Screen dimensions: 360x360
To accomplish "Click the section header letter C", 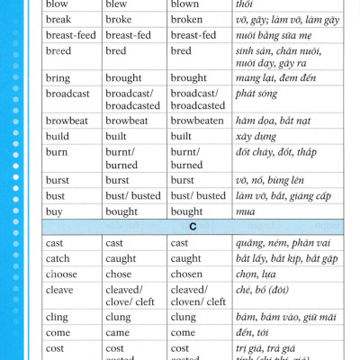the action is [193, 228].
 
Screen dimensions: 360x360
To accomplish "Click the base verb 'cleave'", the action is [60, 289].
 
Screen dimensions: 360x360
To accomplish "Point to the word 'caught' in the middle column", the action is [121, 258].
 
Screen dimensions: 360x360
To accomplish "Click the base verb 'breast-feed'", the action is [70, 35].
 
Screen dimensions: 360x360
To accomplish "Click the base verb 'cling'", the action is [57, 317].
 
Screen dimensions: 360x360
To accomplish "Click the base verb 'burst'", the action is [58, 180].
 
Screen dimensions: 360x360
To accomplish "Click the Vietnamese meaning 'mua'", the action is [244, 211].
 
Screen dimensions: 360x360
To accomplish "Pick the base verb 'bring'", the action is [58, 78].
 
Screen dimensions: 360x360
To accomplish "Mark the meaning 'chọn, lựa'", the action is [256, 274].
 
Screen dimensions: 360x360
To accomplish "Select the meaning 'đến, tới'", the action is [252, 332].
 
